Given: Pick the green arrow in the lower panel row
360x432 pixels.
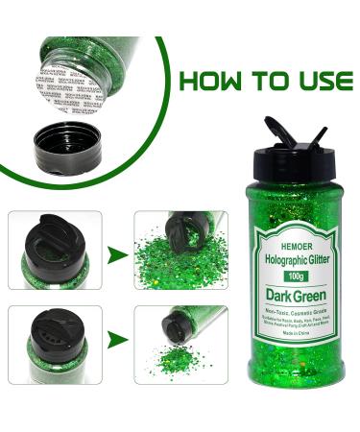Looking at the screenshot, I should pyautogui.click(x=117, y=339).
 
